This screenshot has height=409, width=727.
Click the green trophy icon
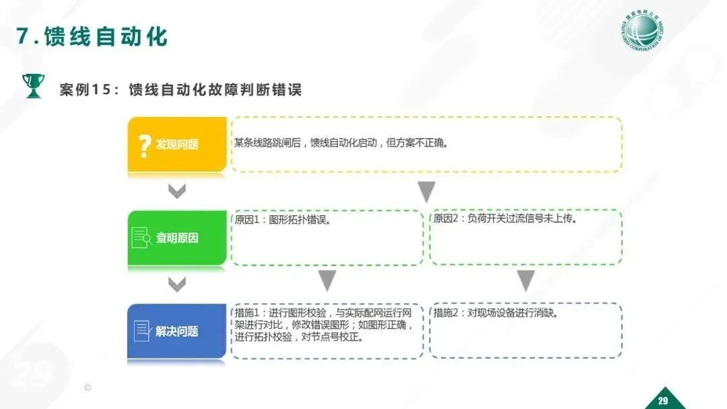pyautogui.click(x=32, y=86)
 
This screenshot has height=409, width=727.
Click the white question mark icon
pyautogui.click(x=143, y=145)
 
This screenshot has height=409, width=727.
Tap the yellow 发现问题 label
pyautogui.click(x=177, y=145)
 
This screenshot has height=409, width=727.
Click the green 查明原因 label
pyautogui.click(x=177, y=237)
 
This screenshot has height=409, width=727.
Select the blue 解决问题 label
pyautogui.click(x=177, y=331)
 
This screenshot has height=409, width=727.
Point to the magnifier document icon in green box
pyautogui.click(x=142, y=237)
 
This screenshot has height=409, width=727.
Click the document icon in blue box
pyautogui.click(x=142, y=330)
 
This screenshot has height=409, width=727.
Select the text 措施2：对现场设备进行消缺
pyautogui.click(x=495, y=313)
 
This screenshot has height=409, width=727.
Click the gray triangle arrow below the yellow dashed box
pyautogui.click(x=426, y=192)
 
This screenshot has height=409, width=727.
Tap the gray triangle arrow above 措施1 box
pyautogui.click(x=327, y=281)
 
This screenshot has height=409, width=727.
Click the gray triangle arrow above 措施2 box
pyautogui.click(x=526, y=281)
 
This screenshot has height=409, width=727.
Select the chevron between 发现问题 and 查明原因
pyautogui.click(x=176, y=192)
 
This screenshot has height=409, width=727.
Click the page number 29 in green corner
pyautogui.click(x=662, y=401)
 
